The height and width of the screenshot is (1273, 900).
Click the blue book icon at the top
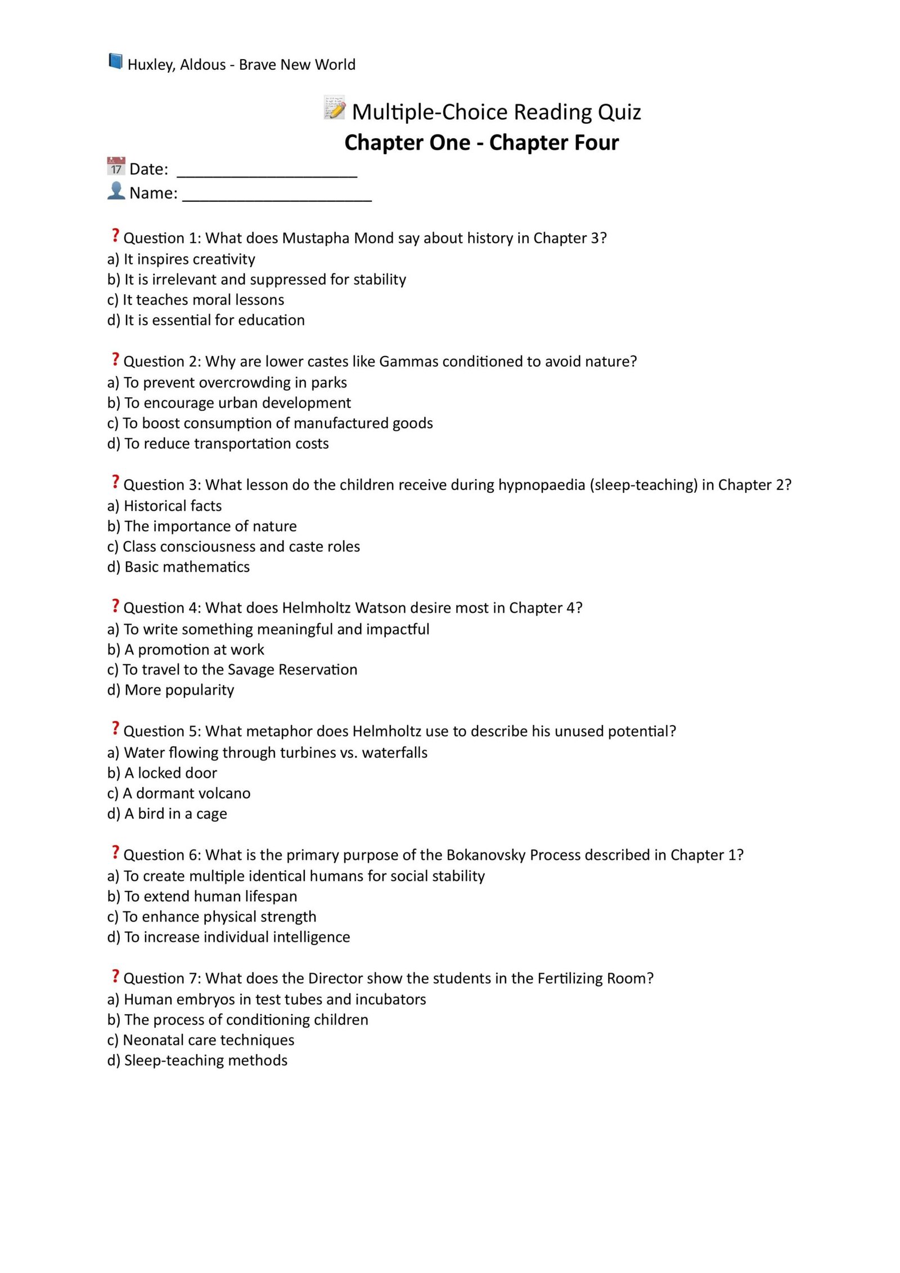click(x=115, y=61)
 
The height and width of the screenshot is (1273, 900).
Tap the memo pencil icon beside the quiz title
click(x=335, y=107)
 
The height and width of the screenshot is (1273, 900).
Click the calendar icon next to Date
click(x=116, y=167)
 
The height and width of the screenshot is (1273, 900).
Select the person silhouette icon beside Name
click(x=116, y=191)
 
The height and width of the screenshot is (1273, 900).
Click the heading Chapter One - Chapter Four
click(x=481, y=143)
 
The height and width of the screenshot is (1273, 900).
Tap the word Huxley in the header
click(x=150, y=65)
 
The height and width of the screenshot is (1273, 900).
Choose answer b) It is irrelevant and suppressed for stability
click(x=256, y=280)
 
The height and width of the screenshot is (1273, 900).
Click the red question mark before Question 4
click(x=115, y=606)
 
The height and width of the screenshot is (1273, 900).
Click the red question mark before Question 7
click(x=115, y=976)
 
